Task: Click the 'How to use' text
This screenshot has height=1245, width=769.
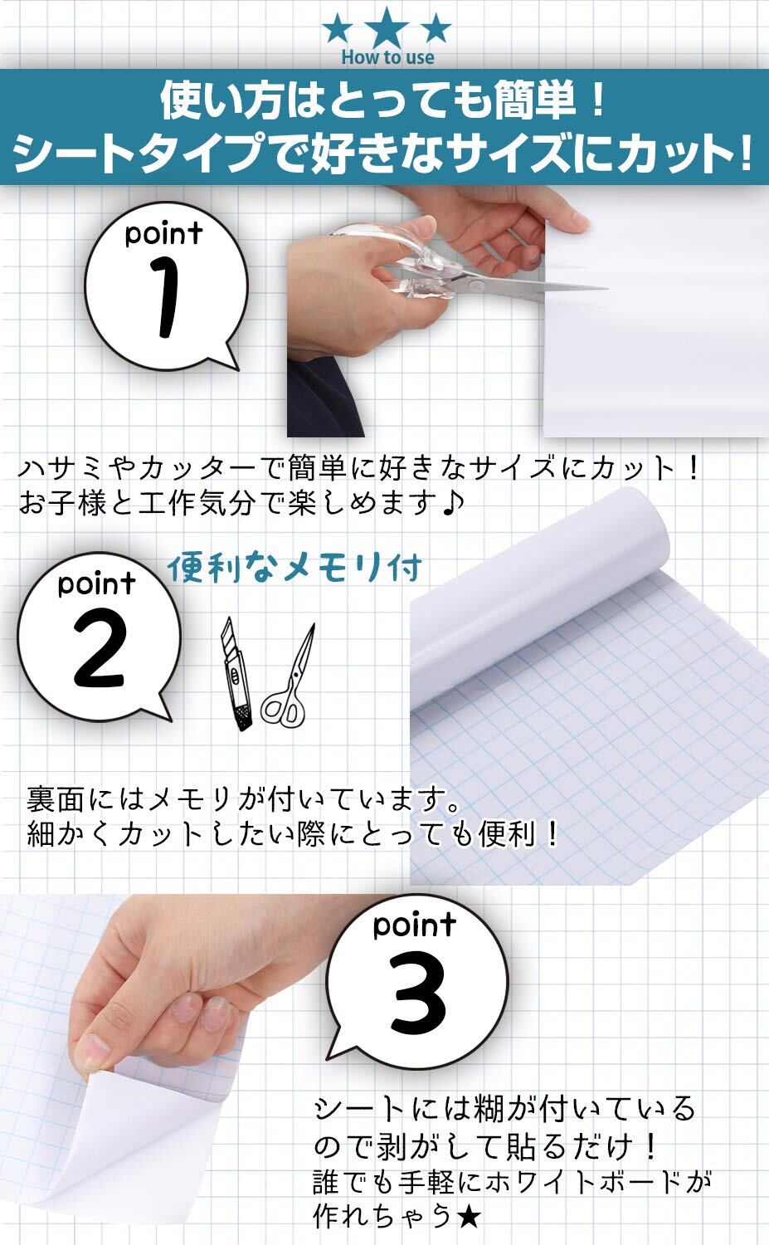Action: click(387, 57)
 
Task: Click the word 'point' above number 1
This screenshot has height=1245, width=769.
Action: click(163, 233)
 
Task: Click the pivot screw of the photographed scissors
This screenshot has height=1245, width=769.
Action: click(475, 286)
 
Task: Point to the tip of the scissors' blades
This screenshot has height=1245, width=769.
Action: click(606, 288)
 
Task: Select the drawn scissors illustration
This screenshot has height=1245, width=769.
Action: click(288, 676)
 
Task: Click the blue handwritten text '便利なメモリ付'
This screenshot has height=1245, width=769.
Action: click(294, 568)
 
